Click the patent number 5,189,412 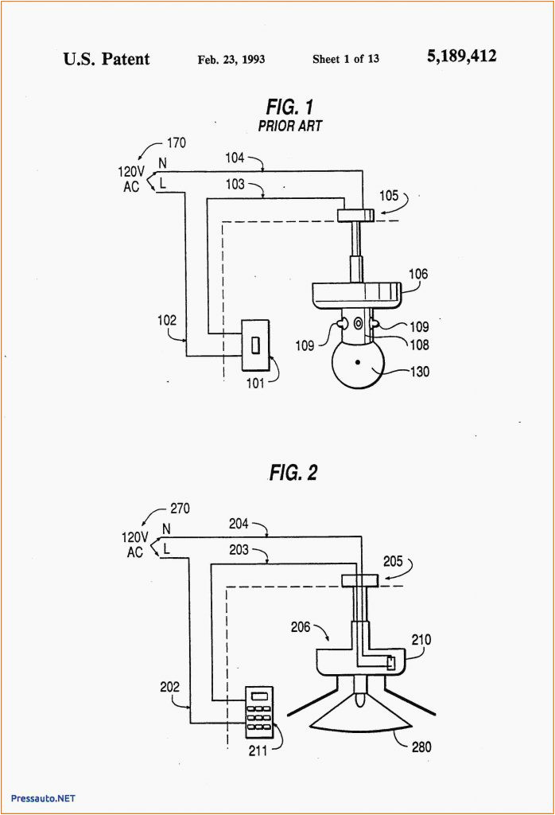pos(461,57)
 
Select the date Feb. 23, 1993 pos(231,60)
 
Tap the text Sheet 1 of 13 pos(346,60)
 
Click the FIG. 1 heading pos(289,107)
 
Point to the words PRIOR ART pos(289,126)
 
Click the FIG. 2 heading pos(293,473)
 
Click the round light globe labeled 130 pos(357,364)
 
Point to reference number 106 pos(418,275)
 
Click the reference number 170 pos(176,143)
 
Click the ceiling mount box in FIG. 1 pos(355,215)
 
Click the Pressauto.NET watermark pos(44,797)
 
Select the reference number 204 pos(239,524)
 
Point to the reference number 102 pos(168,321)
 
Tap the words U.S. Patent pos(107,59)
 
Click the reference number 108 pos(419,345)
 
